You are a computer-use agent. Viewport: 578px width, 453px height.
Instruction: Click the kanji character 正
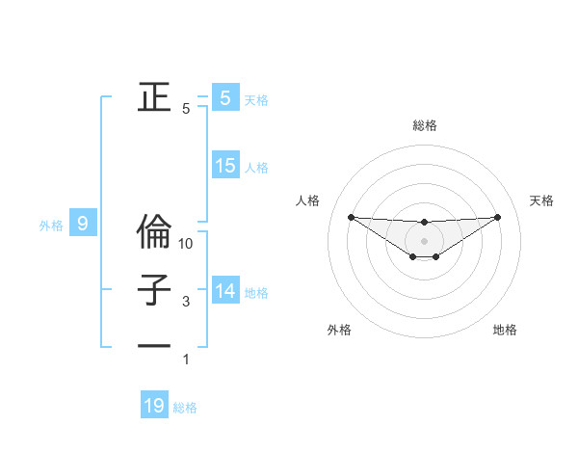coord(154,96)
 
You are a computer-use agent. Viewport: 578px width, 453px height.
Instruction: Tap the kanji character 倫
coord(154,232)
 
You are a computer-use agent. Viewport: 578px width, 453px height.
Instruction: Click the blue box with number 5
coord(225,97)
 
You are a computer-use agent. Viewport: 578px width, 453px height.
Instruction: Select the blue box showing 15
coord(225,166)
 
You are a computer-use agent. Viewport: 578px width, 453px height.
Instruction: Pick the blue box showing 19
coord(154,406)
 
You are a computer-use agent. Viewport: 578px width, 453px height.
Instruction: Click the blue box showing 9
coord(83,225)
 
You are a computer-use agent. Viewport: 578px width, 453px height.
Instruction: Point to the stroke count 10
coord(187,244)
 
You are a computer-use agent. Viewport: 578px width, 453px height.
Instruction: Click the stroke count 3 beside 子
coord(187,302)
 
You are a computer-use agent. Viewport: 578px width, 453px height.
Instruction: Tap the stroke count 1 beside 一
coord(187,360)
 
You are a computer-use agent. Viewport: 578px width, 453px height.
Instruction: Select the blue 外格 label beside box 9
coord(51,226)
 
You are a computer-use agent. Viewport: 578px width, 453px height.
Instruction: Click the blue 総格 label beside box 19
coord(185,408)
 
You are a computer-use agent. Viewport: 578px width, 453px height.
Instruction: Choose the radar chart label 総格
coord(424,125)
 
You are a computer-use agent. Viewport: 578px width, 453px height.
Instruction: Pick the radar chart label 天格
coord(542,200)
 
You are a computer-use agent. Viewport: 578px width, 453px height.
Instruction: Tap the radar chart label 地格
coord(505,330)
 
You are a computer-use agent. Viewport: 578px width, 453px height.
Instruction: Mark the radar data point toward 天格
coord(498,216)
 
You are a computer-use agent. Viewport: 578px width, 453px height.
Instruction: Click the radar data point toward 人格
coord(351,217)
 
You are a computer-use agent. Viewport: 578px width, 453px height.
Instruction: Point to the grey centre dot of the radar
coord(424,240)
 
